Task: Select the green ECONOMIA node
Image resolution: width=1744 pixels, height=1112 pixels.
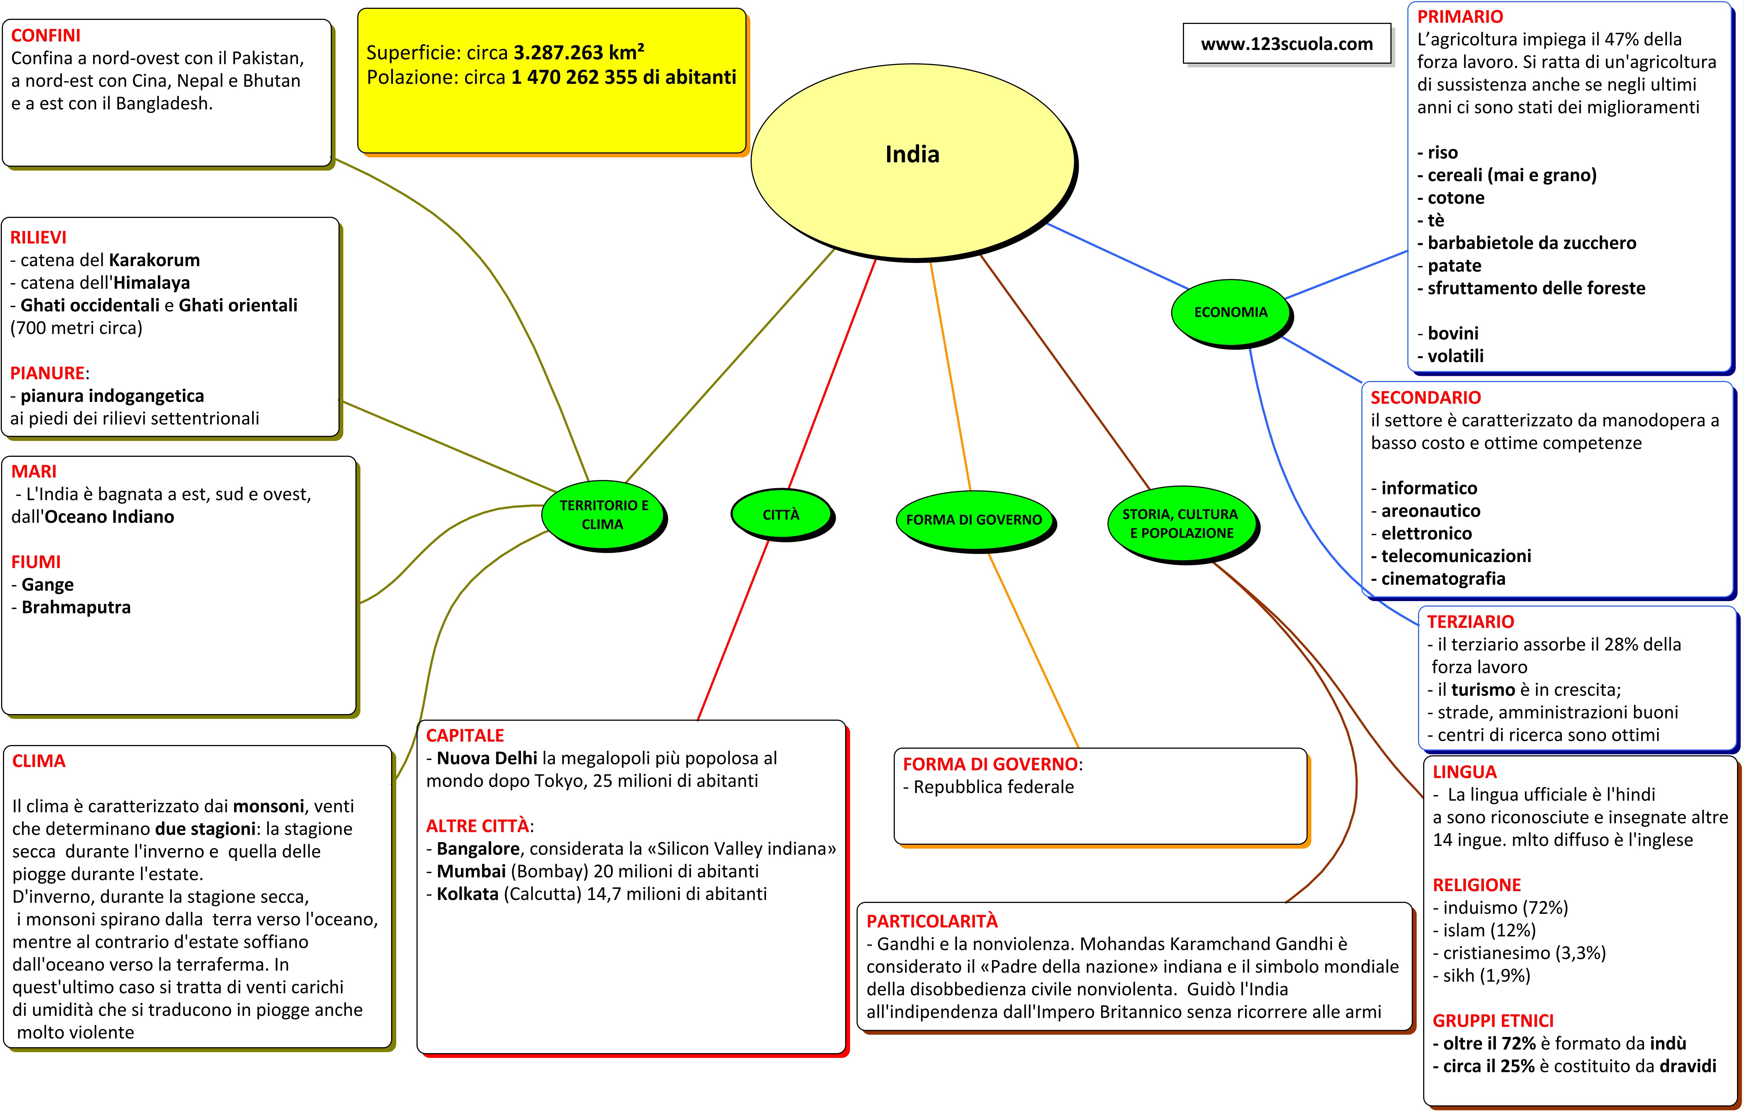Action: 1230,312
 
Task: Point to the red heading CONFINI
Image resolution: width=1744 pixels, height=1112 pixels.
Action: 46,35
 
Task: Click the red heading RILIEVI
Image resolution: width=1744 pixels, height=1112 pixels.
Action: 38,238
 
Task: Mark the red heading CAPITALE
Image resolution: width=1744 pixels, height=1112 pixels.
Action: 465,735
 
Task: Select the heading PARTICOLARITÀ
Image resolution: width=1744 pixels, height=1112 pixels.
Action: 932,921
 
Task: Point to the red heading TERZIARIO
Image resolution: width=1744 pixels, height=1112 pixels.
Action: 1470,622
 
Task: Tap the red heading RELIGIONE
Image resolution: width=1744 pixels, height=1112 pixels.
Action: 1477,885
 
